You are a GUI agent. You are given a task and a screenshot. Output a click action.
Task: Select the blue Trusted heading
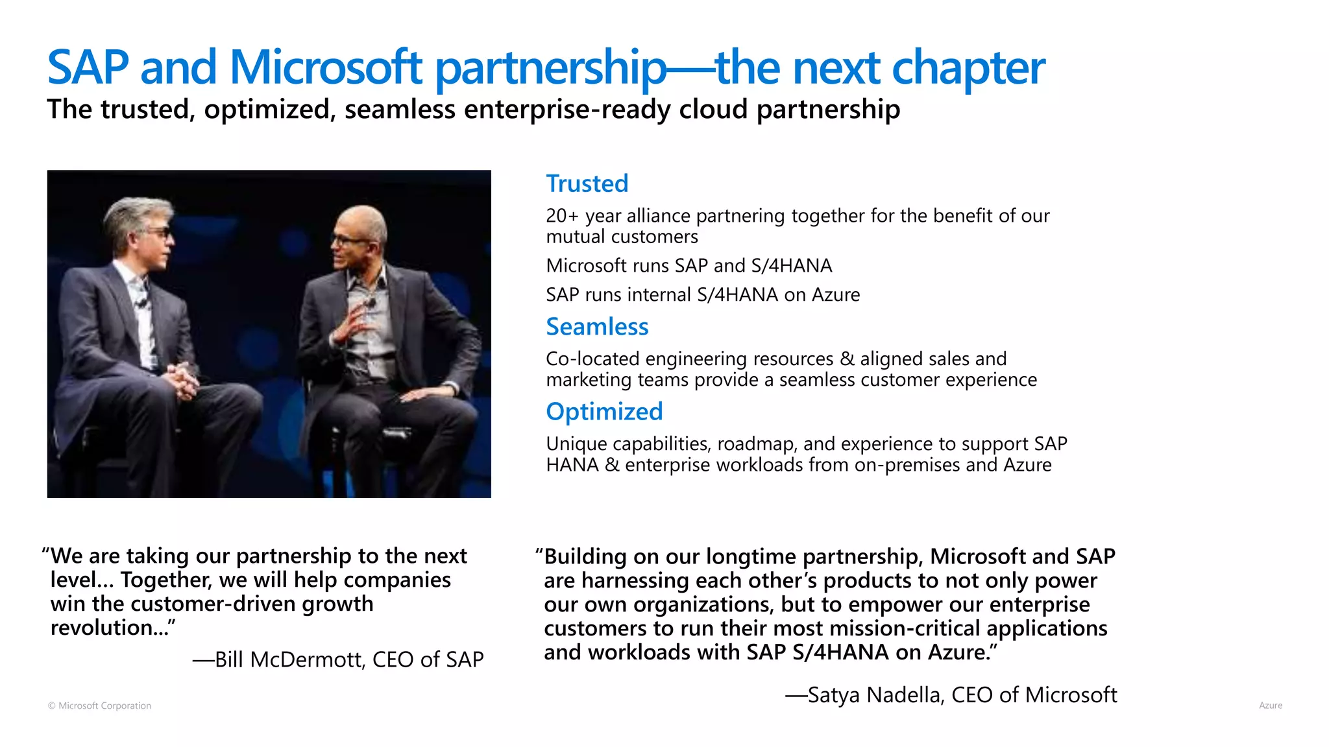coord(587,184)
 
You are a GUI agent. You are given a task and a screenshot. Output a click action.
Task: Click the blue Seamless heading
coord(597,327)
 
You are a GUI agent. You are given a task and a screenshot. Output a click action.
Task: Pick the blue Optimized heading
coord(604,412)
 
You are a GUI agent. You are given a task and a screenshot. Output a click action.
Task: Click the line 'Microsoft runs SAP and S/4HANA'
coord(689,266)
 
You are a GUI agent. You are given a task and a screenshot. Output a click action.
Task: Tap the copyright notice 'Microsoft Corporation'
coord(104,705)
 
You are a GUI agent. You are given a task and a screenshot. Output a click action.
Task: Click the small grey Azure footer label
coord(1270,705)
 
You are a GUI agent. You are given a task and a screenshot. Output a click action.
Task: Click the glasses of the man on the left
coord(159,231)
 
